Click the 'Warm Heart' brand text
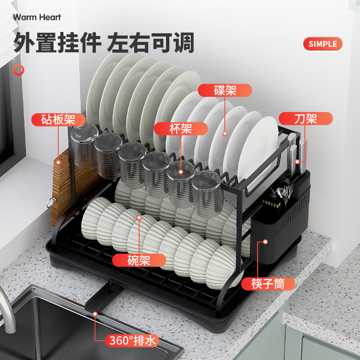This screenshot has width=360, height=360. click(x=37, y=18)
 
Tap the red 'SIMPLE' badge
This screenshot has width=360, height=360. click(x=323, y=44)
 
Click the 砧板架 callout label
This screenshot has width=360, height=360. click(x=58, y=120)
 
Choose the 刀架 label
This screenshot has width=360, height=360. click(x=306, y=118)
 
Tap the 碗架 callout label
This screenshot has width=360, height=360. click(x=139, y=260)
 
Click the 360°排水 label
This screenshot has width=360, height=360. click(x=133, y=341)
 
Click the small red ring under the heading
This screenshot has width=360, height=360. click(x=18, y=70)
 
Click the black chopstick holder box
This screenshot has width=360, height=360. click(x=281, y=225)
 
